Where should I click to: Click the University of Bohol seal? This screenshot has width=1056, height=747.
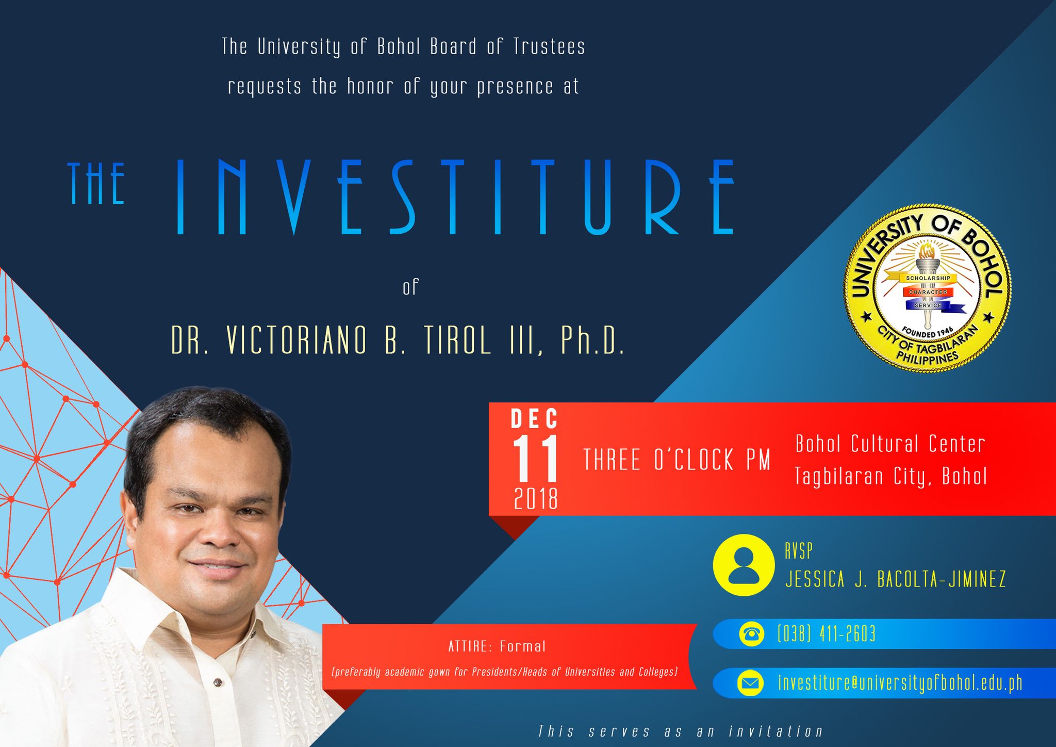click(x=927, y=288)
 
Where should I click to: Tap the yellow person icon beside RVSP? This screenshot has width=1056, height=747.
click(x=744, y=565)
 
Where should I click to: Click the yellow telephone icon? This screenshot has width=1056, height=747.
click(x=751, y=634)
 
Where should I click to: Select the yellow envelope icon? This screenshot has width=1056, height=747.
click(x=751, y=684)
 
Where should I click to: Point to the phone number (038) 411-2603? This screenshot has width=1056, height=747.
click(x=827, y=634)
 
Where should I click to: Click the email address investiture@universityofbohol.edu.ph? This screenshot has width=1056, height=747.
click(x=900, y=683)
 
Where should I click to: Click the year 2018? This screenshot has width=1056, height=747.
click(x=536, y=499)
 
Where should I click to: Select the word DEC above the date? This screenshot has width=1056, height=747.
click(x=535, y=419)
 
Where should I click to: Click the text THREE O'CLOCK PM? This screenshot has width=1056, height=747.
click(x=676, y=460)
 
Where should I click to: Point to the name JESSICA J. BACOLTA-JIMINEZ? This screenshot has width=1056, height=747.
click(x=896, y=579)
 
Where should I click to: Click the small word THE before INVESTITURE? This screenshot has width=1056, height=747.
click(x=96, y=183)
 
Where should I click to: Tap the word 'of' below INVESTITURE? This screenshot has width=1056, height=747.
click(x=411, y=287)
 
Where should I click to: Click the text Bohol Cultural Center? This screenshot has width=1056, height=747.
click(x=890, y=444)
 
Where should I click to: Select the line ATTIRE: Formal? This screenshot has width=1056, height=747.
click(x=497, y=646)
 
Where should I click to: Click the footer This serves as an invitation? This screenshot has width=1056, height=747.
click(x=681, y=732)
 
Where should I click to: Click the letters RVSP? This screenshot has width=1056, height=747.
click(x=799, y=551)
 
